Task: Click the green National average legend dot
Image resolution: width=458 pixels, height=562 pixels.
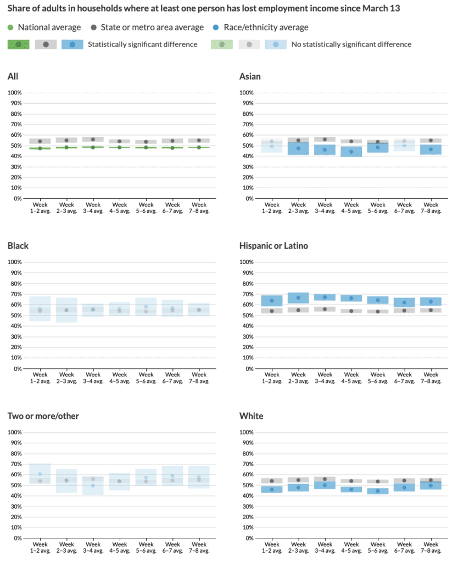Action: pos(11,27)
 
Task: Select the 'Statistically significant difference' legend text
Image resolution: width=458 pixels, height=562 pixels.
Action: pos(142,44)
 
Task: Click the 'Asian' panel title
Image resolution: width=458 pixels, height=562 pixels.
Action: pos(250,76)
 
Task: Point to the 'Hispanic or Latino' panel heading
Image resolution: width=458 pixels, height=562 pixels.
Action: pos(273,246)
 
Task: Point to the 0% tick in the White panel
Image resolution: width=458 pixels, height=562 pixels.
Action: pos(248,538)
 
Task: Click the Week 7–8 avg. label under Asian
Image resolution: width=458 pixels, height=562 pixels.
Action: pos(431,207)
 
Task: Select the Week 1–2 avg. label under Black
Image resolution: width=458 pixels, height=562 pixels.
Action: pos(40,377)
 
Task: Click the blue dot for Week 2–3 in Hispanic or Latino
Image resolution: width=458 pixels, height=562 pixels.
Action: pos(299,298)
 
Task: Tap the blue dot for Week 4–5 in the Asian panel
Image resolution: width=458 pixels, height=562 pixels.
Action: pos(351,151)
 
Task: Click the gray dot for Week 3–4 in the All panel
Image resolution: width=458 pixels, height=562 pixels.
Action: pos(93,139)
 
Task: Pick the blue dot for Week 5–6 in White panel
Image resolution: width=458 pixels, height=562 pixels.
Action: pos(378,491)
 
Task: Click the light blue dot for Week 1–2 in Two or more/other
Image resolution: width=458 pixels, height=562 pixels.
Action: pos(40,474)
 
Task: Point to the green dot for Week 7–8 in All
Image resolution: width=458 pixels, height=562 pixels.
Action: pos(199,147)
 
